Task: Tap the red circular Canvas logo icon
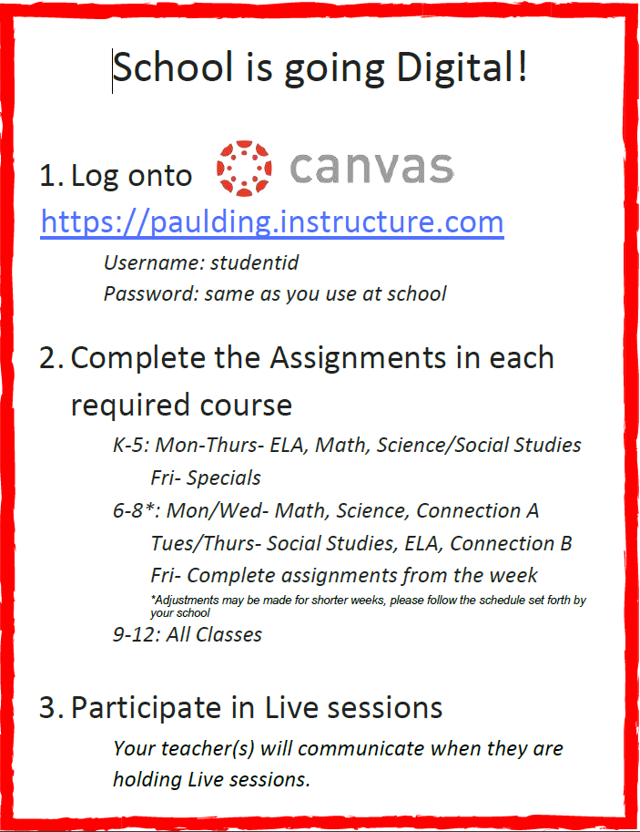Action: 244,169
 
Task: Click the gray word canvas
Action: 371,168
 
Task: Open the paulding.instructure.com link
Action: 272,221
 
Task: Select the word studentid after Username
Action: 255,262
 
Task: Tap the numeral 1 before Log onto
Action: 47,176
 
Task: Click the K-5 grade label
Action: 130,445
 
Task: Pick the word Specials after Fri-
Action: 224,478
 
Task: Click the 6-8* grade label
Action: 137,510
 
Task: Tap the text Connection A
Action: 477,510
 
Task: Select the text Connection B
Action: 511,543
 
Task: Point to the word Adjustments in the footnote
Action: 186,601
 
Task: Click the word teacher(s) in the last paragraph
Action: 208,749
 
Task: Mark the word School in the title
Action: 173,67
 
